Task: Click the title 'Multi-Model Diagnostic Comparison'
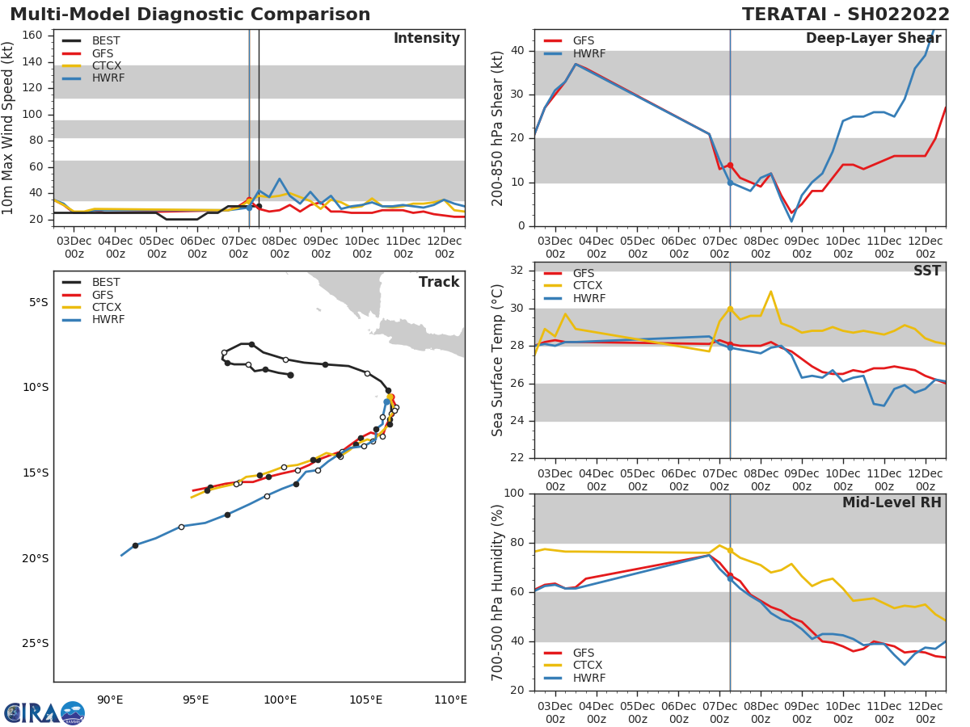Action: [190, 15]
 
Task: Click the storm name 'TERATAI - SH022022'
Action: [846, 15]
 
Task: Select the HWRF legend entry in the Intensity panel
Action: [108, 78]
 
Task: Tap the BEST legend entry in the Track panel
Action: [106, 283]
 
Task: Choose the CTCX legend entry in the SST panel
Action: [587, 286]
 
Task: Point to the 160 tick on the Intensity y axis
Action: [32, 36]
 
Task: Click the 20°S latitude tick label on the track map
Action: [36, 558]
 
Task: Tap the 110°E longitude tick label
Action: [450, 700]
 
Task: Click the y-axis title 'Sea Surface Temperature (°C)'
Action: [499, 359]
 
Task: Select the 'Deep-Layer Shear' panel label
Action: [873, 39]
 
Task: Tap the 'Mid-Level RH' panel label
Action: [892, 502]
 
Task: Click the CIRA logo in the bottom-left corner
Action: [44, 712]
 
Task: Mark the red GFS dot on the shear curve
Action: [729, 165]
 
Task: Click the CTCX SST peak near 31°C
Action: [770, 292]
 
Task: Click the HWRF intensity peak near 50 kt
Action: [279, 179]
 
